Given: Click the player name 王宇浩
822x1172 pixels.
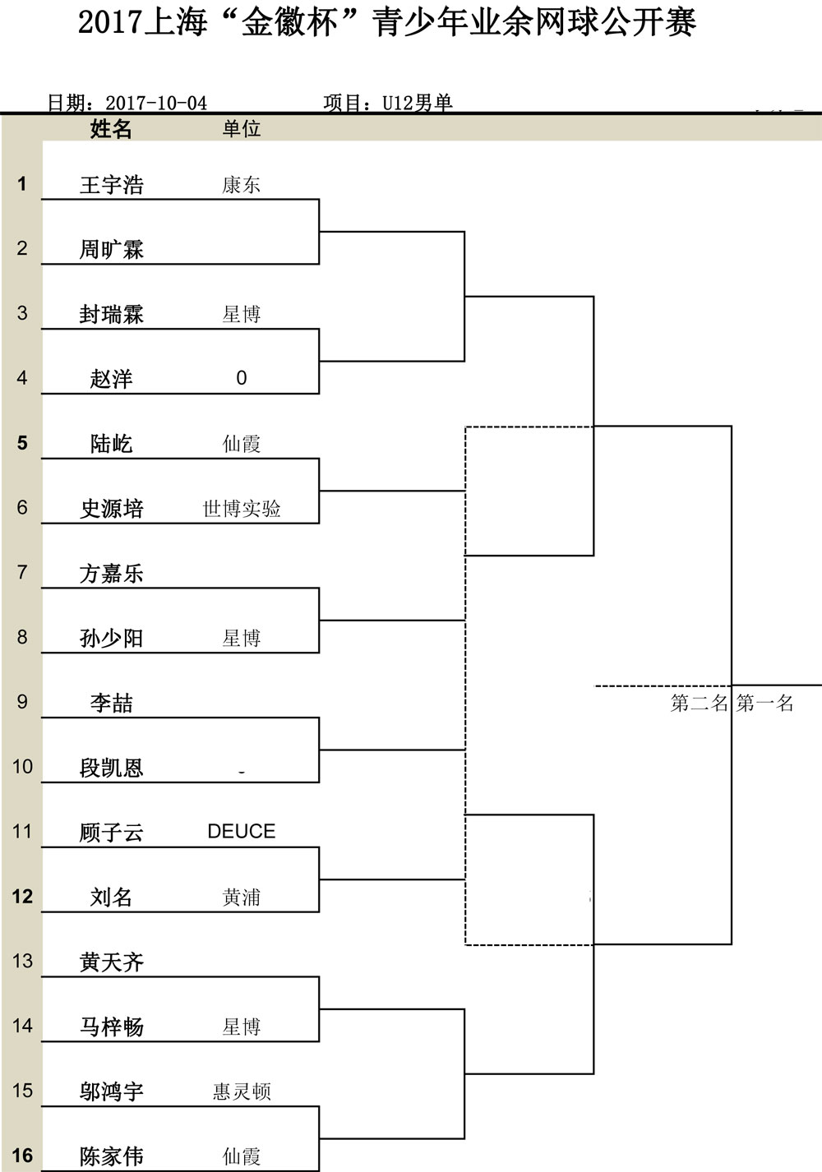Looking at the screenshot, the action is (x=112, y=185).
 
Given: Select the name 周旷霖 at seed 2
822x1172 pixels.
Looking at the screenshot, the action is (x=112, y=250).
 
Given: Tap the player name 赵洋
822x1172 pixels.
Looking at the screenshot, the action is (x=112, y=379).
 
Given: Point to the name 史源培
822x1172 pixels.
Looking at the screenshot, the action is (x=112, y=509).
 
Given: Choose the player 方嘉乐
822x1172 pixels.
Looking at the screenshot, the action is (x=112, y=574).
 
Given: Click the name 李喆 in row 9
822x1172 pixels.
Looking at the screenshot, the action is (x=112, y=703).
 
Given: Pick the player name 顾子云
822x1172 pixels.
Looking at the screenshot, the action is (x=112, y=833).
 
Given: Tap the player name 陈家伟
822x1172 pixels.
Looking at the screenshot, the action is (x=112, y=1156).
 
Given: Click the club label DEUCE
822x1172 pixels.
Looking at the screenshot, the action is (x=241, y=832).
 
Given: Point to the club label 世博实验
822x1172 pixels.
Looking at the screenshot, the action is (x=241, y=509).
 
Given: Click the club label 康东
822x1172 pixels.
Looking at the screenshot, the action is (x=241, y=185).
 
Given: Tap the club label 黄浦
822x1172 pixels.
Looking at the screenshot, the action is (x=241, y=897).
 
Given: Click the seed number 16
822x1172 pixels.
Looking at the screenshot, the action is (x=22, y=1156).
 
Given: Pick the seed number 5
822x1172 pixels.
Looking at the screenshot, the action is (x=22, y=443).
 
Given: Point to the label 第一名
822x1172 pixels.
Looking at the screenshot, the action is (x=764, y=704).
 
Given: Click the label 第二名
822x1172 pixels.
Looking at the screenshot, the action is (x=699, y=704).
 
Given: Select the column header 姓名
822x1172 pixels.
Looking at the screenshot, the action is (x=111, y=129).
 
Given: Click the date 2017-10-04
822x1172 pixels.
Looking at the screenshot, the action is (x=156, y=103).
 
